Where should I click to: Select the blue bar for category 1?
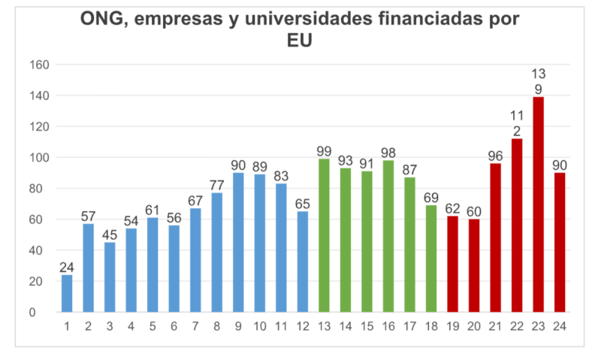tap(67, 293)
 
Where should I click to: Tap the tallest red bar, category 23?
tap(538, 204)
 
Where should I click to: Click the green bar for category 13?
tap(324, 235)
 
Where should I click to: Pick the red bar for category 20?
tap(474, 265)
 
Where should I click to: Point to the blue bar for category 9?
tap(238, 242)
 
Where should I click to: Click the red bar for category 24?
tap(560, 242)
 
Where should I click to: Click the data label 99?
tap(324, 150)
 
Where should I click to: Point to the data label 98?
tap(388, 152)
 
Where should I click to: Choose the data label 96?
tap(495, 155)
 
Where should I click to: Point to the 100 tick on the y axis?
tap(39, 158)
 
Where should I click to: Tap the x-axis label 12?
tap(302, 326)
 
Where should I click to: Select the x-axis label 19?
tap(452, 326)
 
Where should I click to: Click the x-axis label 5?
tap(153, 326)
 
